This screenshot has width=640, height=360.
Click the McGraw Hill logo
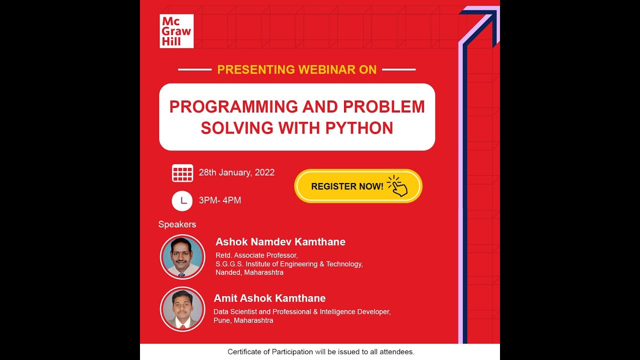coord(176,31)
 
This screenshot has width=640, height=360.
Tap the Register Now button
coord(358,186)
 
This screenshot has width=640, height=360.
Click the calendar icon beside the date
coord(182,173)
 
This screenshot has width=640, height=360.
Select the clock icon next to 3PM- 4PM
coord(182,201)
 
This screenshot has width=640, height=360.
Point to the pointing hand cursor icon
coord(398,186)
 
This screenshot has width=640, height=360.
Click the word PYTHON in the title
coord(359,128)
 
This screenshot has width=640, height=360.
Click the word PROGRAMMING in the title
coord(233,106)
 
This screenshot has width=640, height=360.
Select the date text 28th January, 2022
coord(236,172)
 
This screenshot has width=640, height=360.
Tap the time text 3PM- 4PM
coord(220,200)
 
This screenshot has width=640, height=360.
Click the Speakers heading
coord(177,224)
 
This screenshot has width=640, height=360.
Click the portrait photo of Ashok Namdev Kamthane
coord(182,257)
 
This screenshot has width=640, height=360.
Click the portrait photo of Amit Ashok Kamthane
coord(182,309)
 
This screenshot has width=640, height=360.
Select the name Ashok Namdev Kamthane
coord(280,242)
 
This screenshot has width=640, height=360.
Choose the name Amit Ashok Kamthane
coord(269,298)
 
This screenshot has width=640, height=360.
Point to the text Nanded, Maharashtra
coord(249,272)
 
